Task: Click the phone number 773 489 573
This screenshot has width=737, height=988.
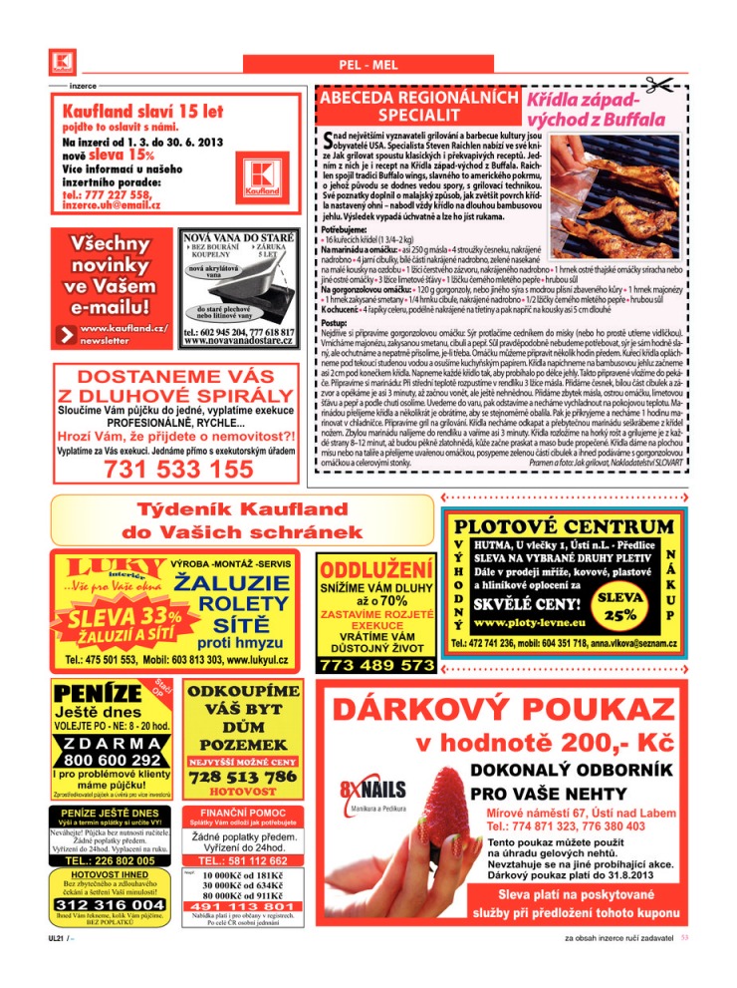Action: tap(376, 664)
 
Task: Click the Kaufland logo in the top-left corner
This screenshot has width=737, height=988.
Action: tap(61, 63)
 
